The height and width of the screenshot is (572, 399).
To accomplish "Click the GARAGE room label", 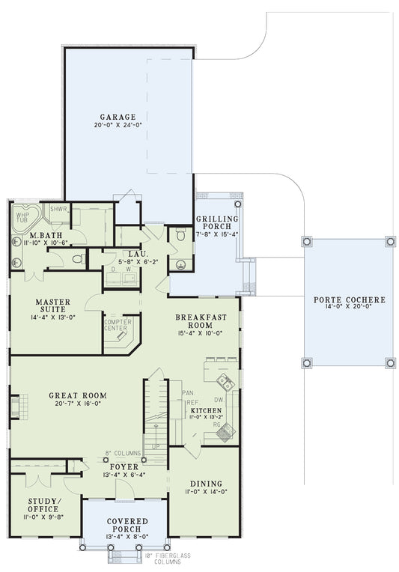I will coord(118,117).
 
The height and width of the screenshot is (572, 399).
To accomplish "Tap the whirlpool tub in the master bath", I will coord(23,217).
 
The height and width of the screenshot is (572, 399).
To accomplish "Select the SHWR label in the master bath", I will coord(59,209).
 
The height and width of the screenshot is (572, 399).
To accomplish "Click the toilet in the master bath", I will coord(78,259).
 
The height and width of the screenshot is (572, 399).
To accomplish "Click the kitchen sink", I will coord(225,383).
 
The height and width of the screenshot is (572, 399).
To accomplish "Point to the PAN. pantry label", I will coord(187,392).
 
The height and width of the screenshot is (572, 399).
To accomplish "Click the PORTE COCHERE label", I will coord(349,299).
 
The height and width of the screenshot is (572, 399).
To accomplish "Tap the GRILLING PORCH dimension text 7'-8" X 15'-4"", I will coord(217,234).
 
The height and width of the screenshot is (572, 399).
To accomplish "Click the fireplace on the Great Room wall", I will coord(14,406).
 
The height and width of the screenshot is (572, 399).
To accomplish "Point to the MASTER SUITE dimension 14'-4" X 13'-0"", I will coord(53,317).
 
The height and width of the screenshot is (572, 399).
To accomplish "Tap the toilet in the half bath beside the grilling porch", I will coord(180,234).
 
